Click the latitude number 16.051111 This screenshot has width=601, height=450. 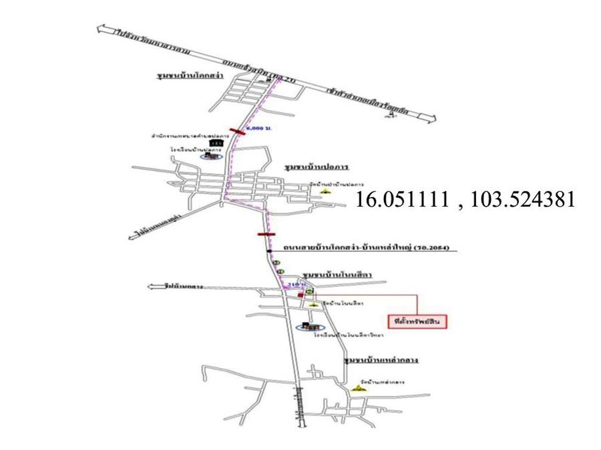401,201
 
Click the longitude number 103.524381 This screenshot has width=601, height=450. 522,201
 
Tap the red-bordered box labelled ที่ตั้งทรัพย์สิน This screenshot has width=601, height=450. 419,321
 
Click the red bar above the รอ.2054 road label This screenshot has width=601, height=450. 266,235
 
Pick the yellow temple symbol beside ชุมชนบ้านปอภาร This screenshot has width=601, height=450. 325,190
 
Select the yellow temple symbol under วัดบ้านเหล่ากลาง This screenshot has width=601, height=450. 361,390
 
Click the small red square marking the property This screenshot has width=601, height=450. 301,294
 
